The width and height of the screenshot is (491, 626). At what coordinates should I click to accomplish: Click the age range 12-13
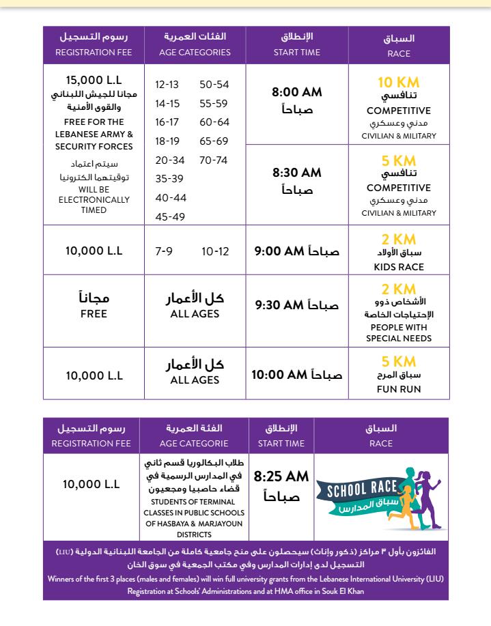coord(167,85)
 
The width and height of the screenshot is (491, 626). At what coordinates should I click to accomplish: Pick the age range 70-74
coord(214,161)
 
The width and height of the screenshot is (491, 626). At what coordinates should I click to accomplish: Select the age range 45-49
coord(170,217)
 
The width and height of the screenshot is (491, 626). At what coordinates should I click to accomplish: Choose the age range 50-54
coord(214,85)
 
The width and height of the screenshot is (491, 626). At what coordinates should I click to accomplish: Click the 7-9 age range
coord(164,251)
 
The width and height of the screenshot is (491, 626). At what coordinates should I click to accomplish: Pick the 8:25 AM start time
coord(282,476)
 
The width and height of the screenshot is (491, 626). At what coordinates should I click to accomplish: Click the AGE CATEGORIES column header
coord(195,52)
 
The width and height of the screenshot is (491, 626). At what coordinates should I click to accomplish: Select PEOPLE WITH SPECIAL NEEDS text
coord(399,332)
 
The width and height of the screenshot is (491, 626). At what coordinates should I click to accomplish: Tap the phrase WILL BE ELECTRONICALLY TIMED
coord(94,199)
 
